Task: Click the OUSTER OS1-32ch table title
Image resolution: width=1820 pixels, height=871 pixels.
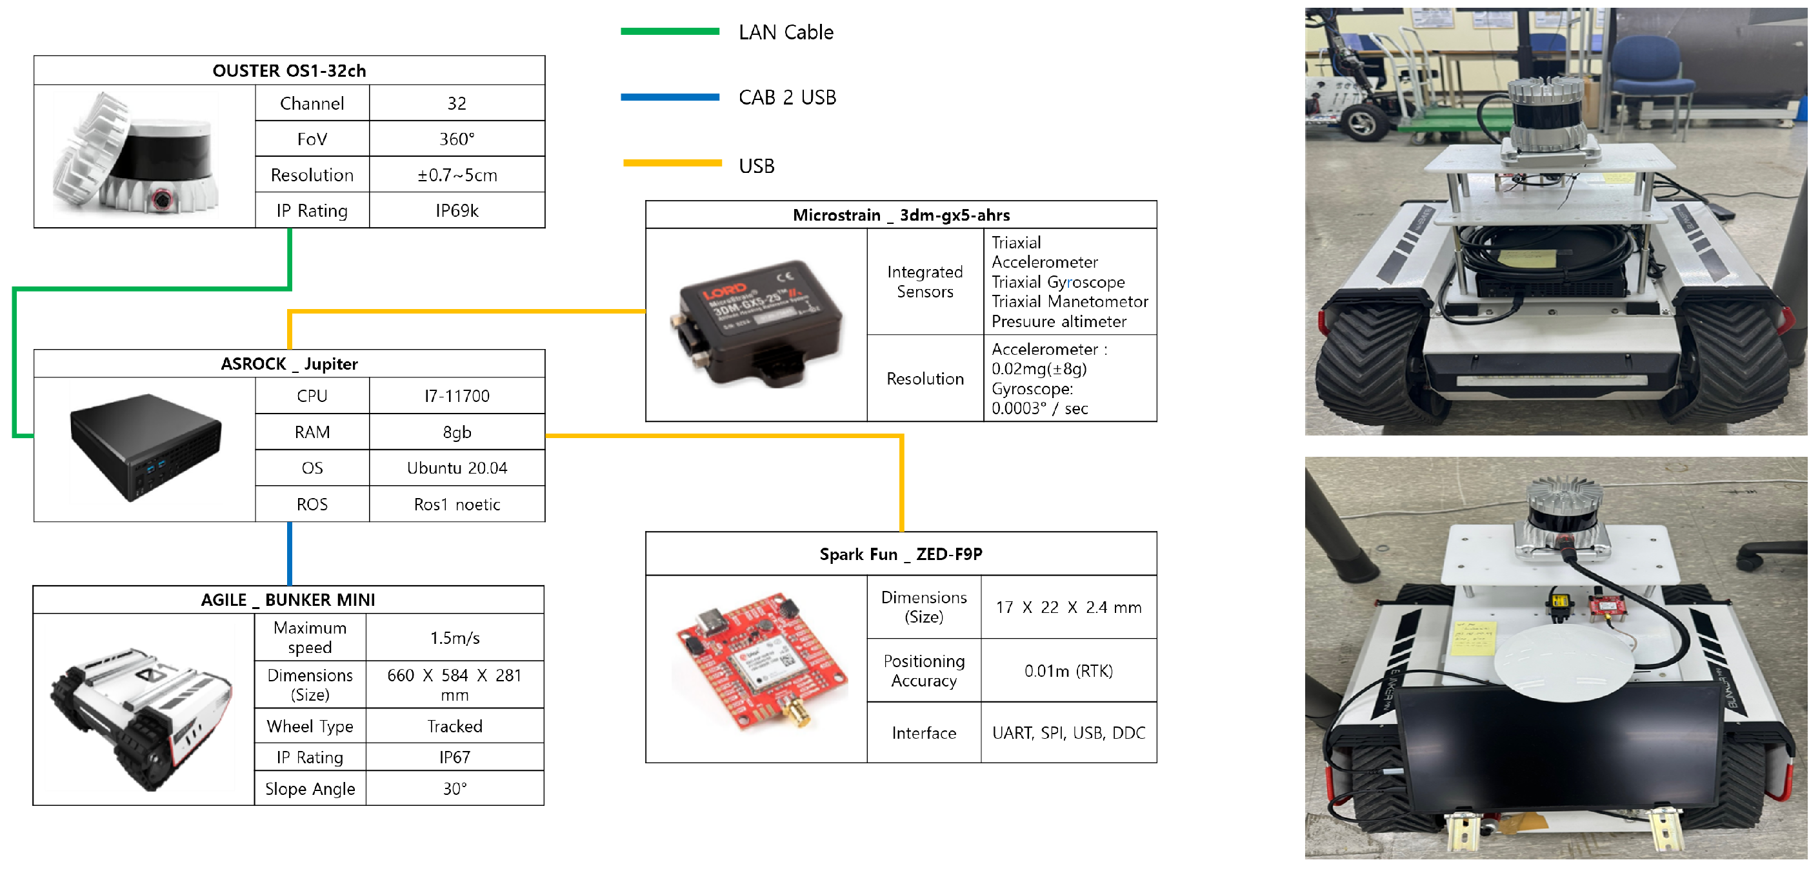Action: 289,70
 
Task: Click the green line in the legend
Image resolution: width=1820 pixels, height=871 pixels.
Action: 669,31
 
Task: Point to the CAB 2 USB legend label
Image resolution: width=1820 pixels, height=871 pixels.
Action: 787,97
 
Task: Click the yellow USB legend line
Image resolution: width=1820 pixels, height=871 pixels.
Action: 672,163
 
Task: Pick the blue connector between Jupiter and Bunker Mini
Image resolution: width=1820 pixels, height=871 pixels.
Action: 290,553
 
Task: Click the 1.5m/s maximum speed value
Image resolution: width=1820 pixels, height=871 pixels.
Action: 455,638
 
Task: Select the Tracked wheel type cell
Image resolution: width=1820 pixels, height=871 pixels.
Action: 455,726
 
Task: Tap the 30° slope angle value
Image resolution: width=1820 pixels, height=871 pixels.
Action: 455,788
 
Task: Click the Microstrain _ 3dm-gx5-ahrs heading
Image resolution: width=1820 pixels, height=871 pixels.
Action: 901,215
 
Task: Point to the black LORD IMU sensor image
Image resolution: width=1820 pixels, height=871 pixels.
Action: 756,323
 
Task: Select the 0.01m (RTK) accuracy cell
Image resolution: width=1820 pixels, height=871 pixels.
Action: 1068,670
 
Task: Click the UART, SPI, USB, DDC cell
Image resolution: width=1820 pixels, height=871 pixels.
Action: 1068,732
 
